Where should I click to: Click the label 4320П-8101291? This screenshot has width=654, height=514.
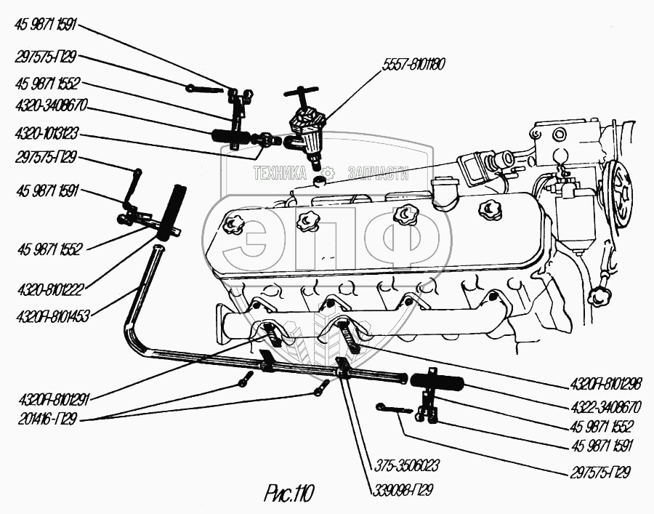tap(49, 398)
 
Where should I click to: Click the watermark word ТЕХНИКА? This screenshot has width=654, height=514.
tap(280, 173)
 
